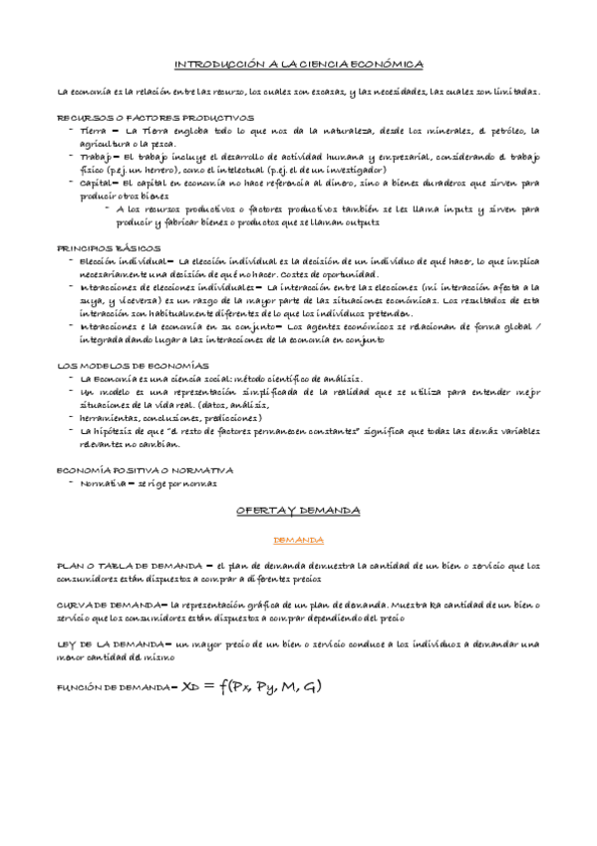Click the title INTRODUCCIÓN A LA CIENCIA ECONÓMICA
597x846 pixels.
coord(299,65)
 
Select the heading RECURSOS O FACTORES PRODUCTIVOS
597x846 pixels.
coord(141,117)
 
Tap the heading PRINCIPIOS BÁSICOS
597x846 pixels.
coord(98,246)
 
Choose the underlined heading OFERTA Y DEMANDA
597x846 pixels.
coord(298,509)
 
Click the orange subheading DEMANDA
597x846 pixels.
coord(298,540)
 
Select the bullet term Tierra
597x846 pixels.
coord(93,131)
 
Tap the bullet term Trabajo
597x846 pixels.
coord(97,157)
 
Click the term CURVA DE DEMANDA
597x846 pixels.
coord(109,605)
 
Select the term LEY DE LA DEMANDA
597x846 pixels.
coord(113,644)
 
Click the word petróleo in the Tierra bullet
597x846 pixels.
coord(503,131)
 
